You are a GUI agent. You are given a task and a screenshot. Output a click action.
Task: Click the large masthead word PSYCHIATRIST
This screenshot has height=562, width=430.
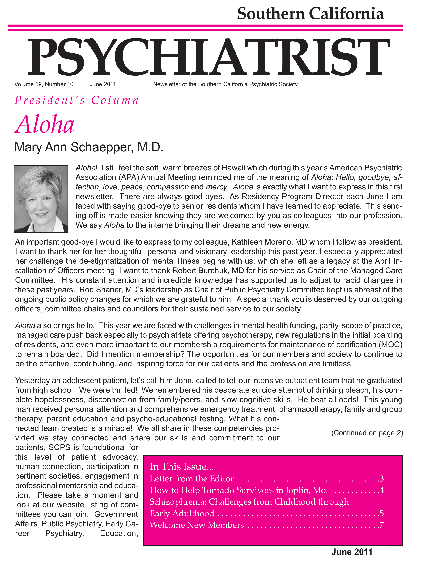(x=209, y=57)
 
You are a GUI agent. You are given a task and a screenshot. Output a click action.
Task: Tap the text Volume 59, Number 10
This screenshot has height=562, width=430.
(x=44, y=84)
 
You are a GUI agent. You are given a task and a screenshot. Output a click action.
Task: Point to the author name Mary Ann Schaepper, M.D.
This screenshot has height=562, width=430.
(x=89, y=147)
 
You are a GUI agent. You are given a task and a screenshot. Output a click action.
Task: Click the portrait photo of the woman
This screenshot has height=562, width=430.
(x=41, y=199)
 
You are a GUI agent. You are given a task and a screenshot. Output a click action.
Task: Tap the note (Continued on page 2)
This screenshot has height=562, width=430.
(x=367, y=433)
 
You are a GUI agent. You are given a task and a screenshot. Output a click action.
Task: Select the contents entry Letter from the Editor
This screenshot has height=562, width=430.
(x=191, y=478)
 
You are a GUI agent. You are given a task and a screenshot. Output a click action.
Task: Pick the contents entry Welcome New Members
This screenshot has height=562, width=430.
(x=197, y=525)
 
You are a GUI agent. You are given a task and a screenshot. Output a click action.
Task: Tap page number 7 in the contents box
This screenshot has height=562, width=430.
(x=381, y=525)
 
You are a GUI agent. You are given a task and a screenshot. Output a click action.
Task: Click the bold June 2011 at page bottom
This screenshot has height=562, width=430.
(x=352, y=552)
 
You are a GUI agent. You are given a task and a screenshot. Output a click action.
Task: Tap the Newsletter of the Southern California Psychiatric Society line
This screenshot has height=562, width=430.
(x=225, y=84)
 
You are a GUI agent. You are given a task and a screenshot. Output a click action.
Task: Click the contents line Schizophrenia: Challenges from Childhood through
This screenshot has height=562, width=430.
(x=249, y=502)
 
